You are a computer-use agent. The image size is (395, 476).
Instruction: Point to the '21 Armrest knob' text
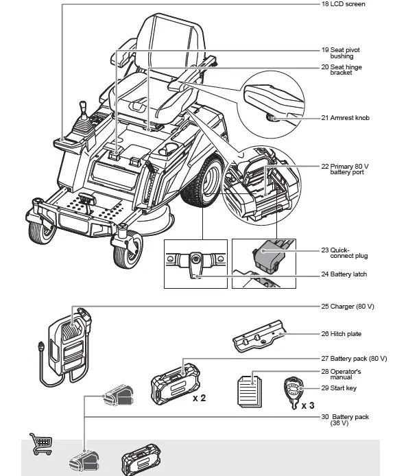pos(345,118)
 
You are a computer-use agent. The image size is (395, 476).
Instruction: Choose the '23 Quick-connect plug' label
pos(344,253)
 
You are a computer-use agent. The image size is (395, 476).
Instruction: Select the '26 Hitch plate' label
pos(341,334)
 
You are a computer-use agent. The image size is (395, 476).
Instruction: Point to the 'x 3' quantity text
pos(309,405)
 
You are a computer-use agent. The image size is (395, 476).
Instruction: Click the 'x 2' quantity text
pos(200,398)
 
